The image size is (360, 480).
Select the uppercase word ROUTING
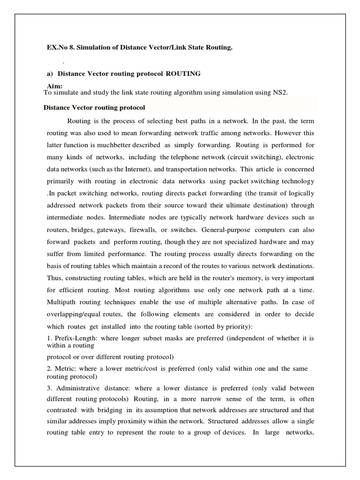[x=183, y=74]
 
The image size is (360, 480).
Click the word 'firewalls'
[x=142, y=230]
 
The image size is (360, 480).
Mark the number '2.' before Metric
[x=51, y=369]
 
